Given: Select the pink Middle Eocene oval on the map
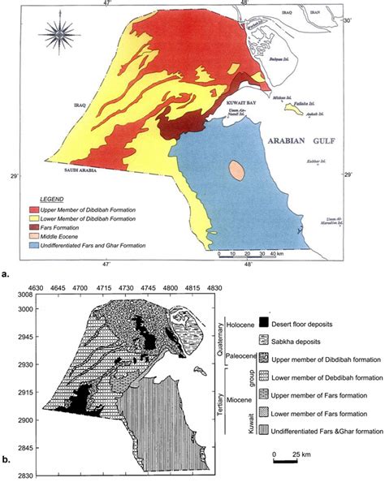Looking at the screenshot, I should coord(236,171).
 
